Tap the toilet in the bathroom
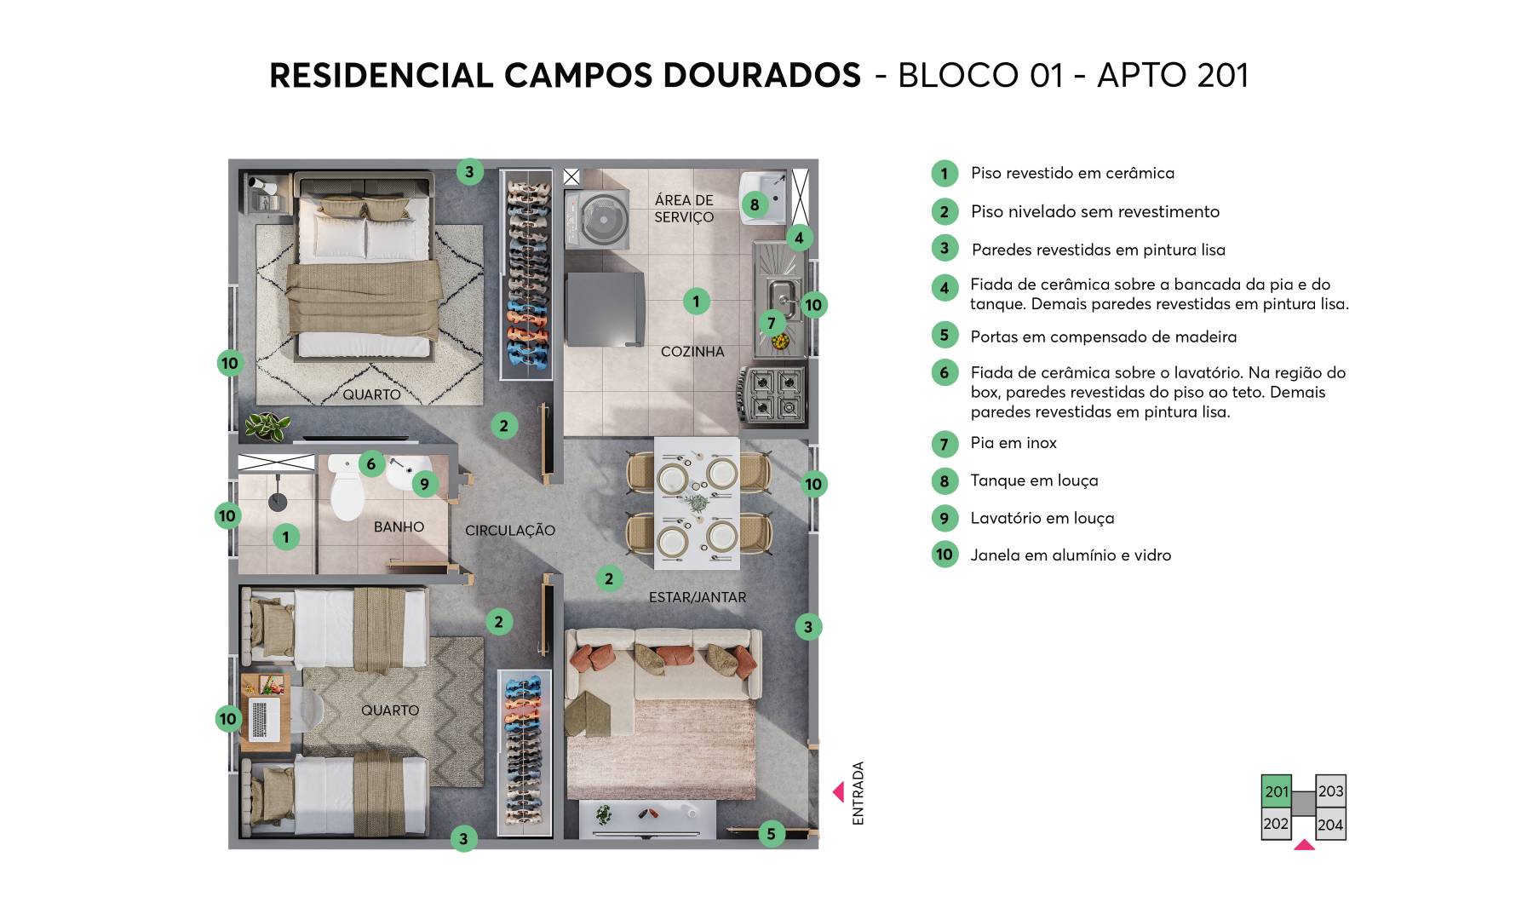point(347,491)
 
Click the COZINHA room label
point(692,352)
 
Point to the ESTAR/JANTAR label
point(697,598)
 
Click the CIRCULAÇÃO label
point(509,531)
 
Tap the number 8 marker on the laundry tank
point(754,204)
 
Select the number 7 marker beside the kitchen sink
point(772,323)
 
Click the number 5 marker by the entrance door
point(771,833)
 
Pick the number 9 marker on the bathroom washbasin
point(424,485)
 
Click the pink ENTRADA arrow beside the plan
point(839,792)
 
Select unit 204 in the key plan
point(1330,825)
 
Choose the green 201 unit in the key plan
point(1276,791)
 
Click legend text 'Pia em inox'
point(1013,443)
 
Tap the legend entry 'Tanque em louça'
point(1034,480)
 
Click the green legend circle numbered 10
point(944,555)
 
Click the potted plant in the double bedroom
point(267,425)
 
